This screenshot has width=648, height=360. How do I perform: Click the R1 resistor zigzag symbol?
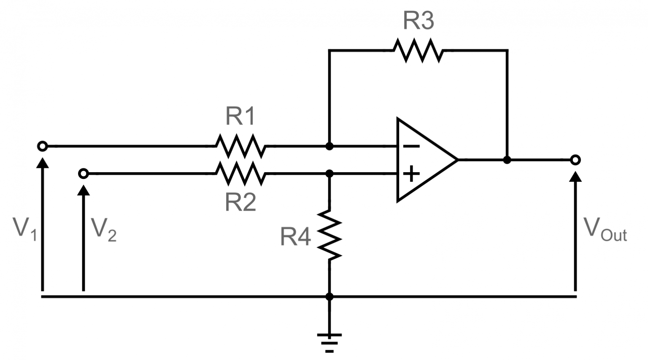[240, 146]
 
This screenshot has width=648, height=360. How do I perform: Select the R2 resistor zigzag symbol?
[240, 173]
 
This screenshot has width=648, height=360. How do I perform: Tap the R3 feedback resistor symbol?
[418, 50]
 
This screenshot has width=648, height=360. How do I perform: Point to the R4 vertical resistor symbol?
[329, 234]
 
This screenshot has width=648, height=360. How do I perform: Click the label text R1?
[240, 116]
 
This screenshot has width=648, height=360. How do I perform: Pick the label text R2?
[240, 202]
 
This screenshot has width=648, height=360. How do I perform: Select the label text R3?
[418, 20]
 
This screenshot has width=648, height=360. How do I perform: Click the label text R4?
[295, 237]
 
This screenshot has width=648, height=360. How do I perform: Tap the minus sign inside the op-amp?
[410, 146]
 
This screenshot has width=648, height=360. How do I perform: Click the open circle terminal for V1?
[42, 146]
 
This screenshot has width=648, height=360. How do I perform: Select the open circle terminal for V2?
[84, 173]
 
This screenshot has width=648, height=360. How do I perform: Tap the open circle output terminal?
[575, 160]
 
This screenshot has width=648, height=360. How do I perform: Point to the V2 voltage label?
[103, 230]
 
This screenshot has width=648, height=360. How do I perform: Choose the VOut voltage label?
[605, 230]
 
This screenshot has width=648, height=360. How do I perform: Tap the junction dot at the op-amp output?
[507, 160]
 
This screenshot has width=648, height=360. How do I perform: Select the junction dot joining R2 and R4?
[329, 173]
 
